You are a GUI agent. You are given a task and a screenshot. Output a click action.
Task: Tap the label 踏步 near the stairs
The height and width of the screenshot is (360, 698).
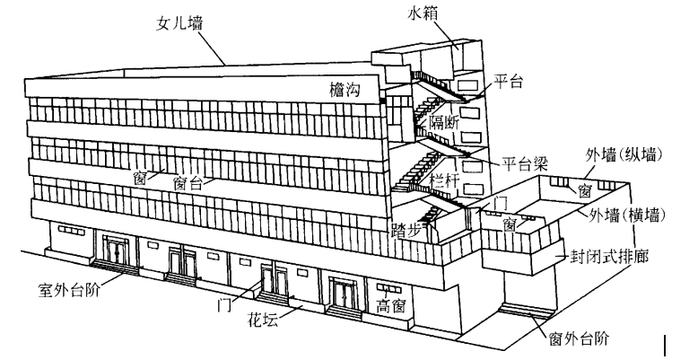[408, 229]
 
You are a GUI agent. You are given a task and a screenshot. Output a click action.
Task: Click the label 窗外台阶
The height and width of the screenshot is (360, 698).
[579, 338]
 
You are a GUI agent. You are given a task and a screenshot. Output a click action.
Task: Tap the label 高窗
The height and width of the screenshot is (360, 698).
[390, 305]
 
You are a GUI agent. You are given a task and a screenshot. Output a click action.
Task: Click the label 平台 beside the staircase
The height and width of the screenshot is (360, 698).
[508, 83]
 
